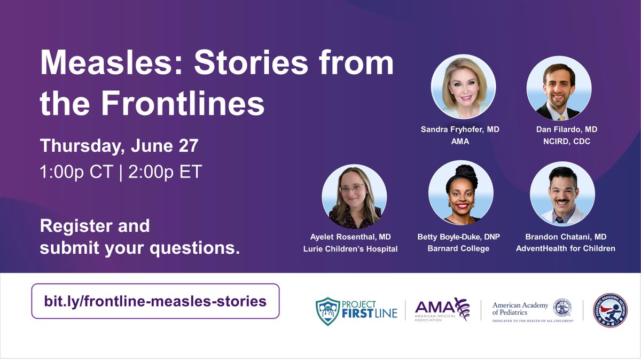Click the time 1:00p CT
point(76,173)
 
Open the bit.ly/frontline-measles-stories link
point(155,301)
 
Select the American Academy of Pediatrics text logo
point(521,308)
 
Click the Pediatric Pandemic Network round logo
point(610,310)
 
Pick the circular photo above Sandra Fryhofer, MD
point(463,87)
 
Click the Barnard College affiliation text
point(458,248)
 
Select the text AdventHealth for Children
point(565,248)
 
